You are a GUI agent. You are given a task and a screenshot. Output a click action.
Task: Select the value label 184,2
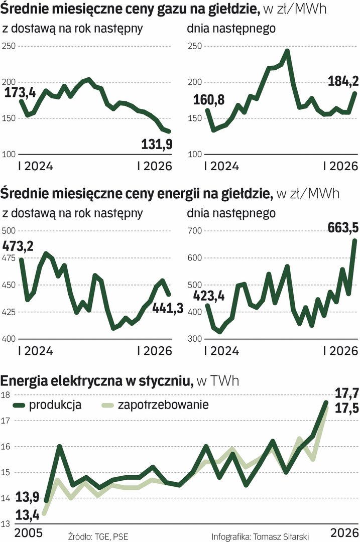343,80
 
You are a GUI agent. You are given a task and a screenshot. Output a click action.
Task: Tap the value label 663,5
343,228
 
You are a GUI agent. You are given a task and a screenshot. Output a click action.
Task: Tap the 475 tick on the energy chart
10,258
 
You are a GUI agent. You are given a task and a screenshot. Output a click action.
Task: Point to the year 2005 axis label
16,532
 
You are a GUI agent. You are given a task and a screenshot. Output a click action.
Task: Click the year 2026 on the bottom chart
345,532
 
